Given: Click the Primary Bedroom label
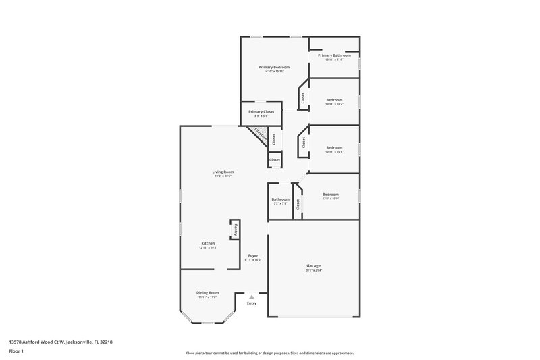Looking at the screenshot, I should coord(275,68).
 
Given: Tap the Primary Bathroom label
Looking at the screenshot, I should coord(334,55).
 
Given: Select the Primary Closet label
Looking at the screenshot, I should coord(261,112).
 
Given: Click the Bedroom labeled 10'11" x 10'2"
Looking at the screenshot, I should coord(334,101).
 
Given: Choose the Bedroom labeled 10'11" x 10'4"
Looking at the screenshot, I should coord(334,147).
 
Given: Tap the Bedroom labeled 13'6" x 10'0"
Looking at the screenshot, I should coord(330,195).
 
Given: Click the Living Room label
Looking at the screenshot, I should coord(223,172).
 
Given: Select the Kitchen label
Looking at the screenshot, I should coord(208,243).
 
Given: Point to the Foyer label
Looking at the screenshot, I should coord(253,256).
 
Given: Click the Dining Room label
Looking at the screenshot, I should coord(208,292).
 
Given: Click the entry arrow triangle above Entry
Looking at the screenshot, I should coord(252,296).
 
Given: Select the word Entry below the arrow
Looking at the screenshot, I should coord(252,303).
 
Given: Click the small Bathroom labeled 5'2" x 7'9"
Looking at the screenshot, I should coord(280,200).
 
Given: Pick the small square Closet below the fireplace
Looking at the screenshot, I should coord(275,160).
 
